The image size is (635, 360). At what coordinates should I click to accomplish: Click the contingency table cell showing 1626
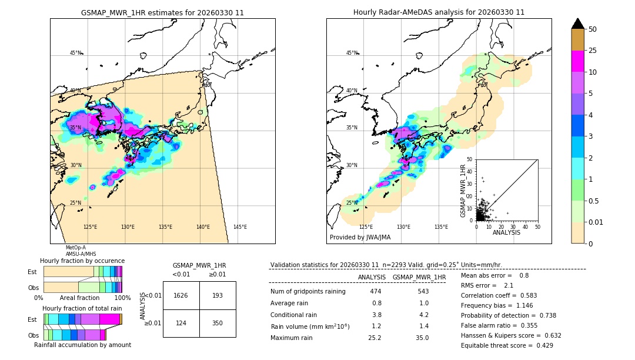tap(181, 295)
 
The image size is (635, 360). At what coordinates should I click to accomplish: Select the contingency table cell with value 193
tap(218, 295)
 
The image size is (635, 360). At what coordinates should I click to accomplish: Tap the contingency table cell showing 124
tap(181, 323)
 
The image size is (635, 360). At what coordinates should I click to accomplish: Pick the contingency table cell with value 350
tap(218, 323)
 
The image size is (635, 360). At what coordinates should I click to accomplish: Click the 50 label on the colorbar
tap(593, 29)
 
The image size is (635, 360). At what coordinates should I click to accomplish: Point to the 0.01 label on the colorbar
tap(596, 222)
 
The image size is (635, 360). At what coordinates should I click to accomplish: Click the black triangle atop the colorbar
tap(578, 24)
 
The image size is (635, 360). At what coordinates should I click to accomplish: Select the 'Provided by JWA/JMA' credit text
tap(360, 238)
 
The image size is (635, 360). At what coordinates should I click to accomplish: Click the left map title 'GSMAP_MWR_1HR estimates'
tap(162, 12)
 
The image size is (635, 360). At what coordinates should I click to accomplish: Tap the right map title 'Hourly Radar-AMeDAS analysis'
tap(439, 12)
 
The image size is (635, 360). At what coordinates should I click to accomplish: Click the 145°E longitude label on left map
tap(240, 227)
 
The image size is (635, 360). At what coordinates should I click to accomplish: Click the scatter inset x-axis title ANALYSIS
tap(506, 232)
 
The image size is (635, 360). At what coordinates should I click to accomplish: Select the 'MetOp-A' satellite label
tap(75, 248)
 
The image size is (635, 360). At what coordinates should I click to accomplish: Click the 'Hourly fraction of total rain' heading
tap(82, 308)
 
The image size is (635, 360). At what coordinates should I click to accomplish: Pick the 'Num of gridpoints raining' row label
tap(308, 292)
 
